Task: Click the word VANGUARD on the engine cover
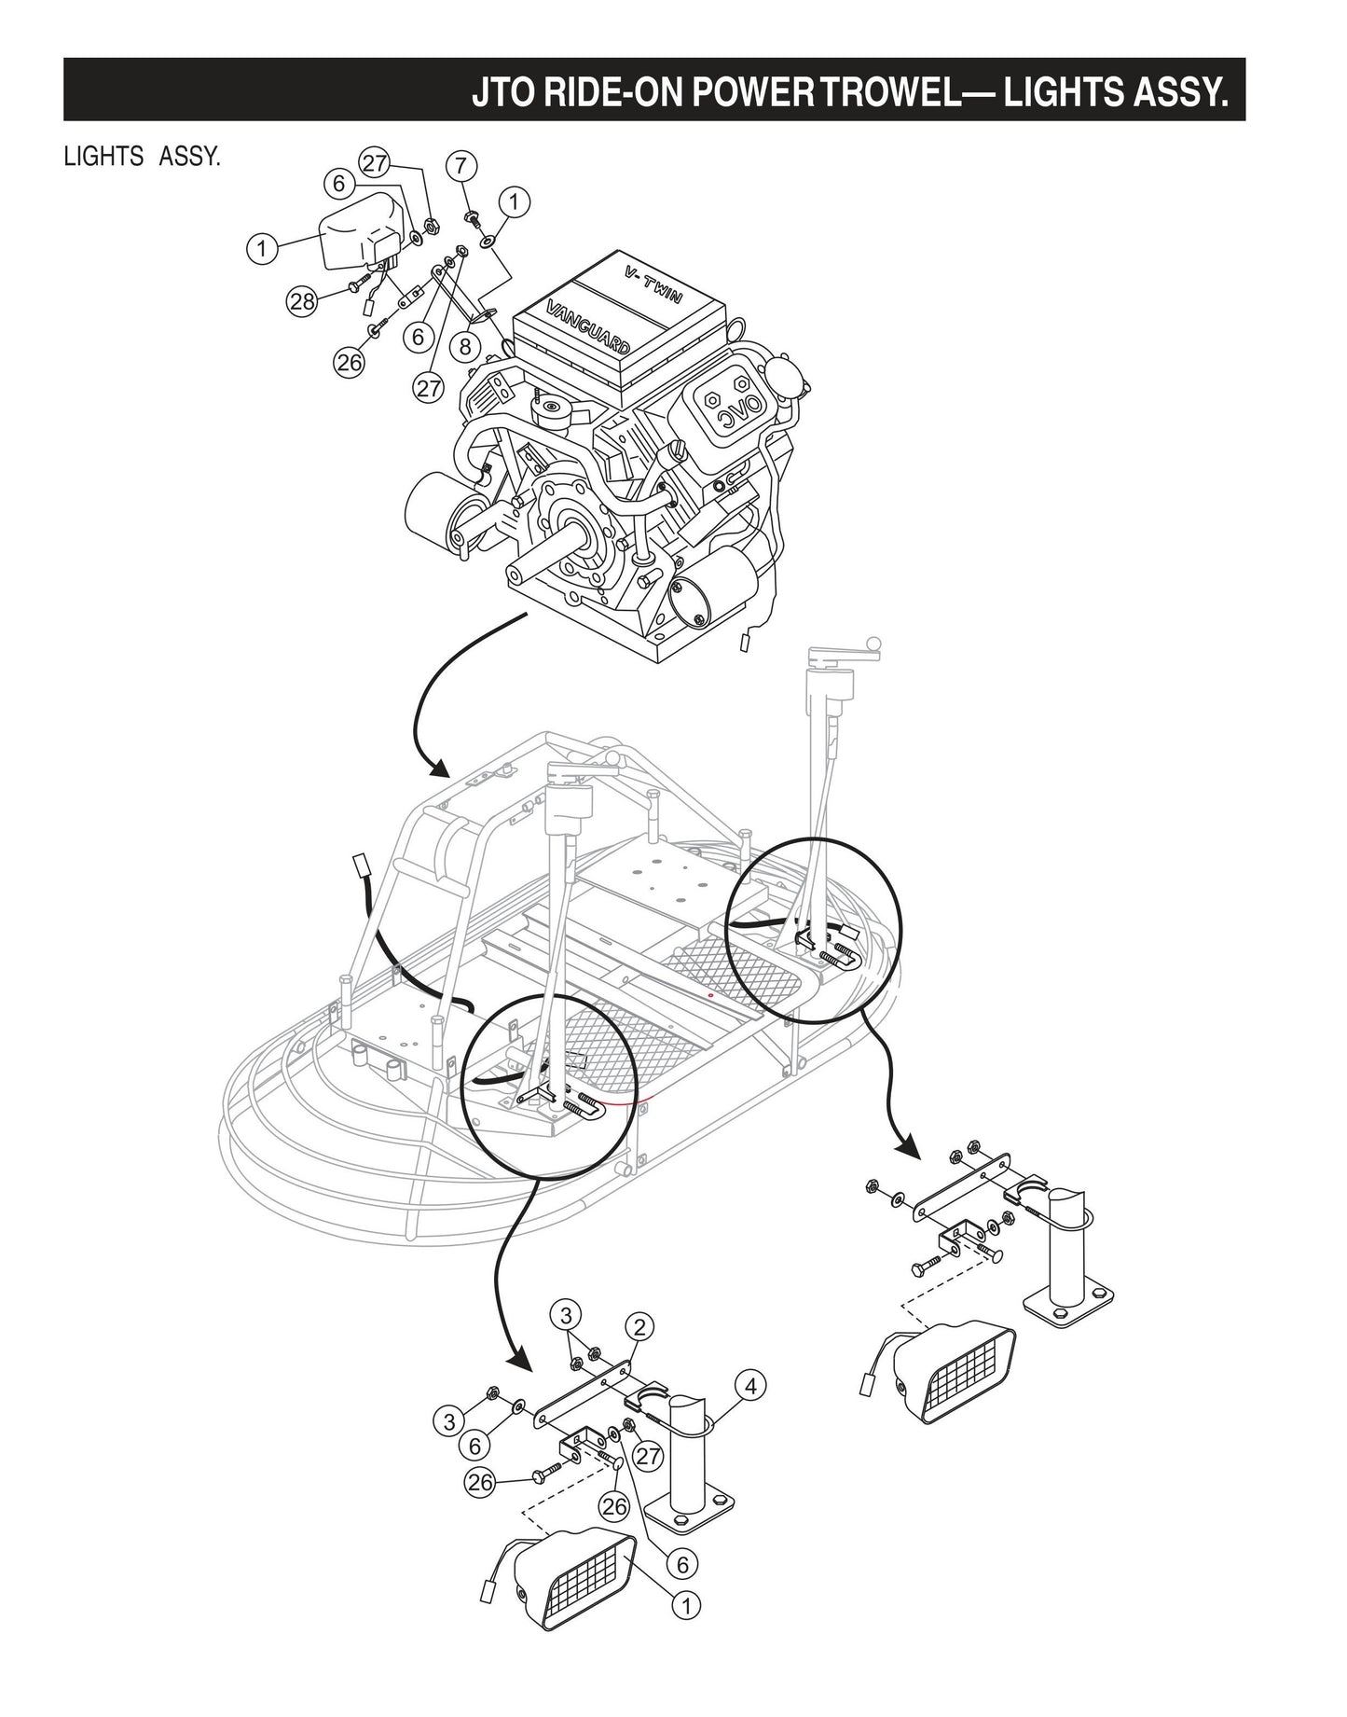click(587, 325)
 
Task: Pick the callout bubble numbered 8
click(464, 346)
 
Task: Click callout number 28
click(301, 300)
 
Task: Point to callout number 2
click(639, 1325)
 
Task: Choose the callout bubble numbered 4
click(751, 1387)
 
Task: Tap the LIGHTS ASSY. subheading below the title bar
click(142, 156)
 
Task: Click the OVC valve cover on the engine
click(729, 409)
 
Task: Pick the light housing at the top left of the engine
click(359, 236)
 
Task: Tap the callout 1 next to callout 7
click(514, 200)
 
